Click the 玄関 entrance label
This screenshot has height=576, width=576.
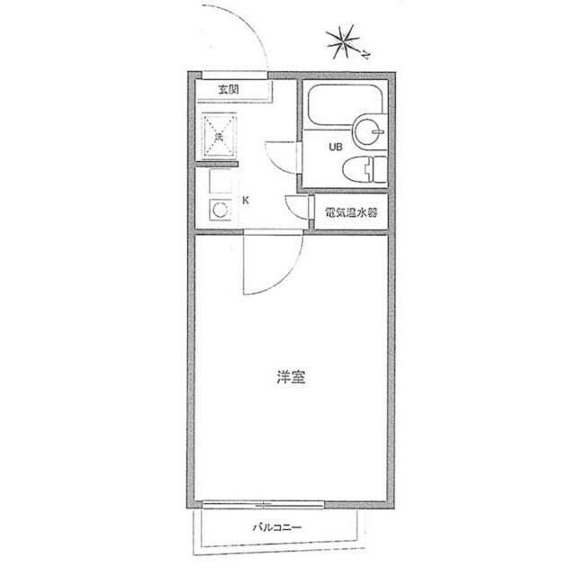click(229, 88)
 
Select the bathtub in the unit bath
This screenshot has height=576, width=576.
click(346, 107)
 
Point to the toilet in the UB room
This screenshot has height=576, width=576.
click(367, 166)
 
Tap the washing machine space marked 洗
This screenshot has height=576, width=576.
click(219, 137)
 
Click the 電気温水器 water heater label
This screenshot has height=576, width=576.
click(351, 214)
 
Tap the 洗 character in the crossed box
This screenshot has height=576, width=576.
click(219, 137)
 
